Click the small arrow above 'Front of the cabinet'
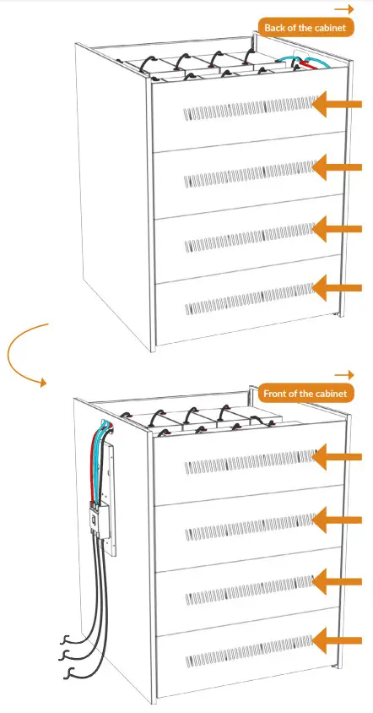point(343,373)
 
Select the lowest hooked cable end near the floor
point(71,673)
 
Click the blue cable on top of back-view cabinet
point(291,62)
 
